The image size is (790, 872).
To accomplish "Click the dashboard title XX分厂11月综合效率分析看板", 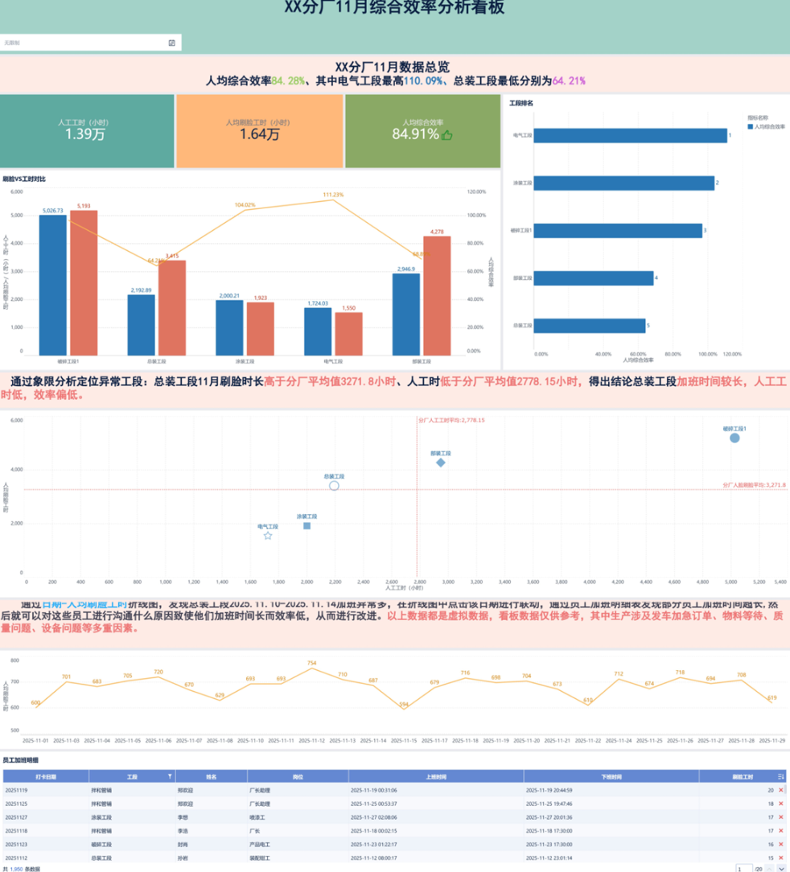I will point(394,8).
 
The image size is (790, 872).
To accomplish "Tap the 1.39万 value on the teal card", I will point(85,134).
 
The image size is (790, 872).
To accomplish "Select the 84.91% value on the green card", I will point(415,134).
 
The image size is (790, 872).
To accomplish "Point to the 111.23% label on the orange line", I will point(333,195).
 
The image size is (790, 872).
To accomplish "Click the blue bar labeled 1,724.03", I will point(317,331).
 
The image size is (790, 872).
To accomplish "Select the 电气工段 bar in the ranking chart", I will point(630,136).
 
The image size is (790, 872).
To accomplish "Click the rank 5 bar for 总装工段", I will point(590,326).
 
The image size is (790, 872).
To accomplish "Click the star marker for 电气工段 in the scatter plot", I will point(268,535).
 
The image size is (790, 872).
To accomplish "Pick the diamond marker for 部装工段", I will point(441,463).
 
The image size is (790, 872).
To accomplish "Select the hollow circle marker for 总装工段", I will point(334,486).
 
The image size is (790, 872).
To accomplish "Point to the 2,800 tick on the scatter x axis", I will point(418,582).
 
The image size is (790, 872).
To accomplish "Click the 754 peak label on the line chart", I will point(311,664).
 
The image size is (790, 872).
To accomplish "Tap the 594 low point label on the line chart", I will point(404,705).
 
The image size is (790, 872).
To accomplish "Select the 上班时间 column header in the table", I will point(435,777).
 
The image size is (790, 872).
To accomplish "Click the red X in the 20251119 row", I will point(780,791).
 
